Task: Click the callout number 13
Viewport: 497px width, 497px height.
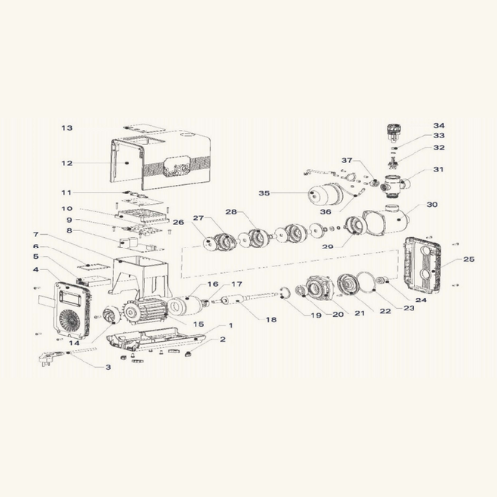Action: [x=67, y=128]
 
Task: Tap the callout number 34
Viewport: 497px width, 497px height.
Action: [x=439, y=126]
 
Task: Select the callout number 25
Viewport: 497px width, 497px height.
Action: [x=469, y=259]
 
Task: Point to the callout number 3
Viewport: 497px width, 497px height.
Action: [x=108, y=367]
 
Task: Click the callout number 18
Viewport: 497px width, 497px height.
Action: [x=271, y=320]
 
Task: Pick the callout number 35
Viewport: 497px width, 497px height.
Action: [x=264, y=193]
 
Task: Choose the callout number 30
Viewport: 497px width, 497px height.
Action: [x=432, y=205]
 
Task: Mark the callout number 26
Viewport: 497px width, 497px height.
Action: [x=178, y=222]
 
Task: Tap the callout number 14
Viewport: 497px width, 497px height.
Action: [x=74, y=343]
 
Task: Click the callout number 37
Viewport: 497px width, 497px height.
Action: [x=347, y=160]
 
